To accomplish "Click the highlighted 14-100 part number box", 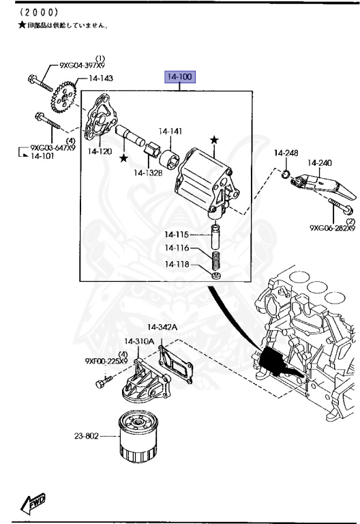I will point(179,77).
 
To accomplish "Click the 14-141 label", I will point(170,132).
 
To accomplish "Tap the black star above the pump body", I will point(214,139).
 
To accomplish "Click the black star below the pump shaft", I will point(123,158).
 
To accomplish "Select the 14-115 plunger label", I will point(177,235).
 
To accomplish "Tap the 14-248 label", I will point(286,151).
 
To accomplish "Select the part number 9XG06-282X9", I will point(332,228).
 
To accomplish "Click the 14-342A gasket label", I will point(163,327).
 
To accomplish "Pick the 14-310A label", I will point(138,341).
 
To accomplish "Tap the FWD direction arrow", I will point(35,503).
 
